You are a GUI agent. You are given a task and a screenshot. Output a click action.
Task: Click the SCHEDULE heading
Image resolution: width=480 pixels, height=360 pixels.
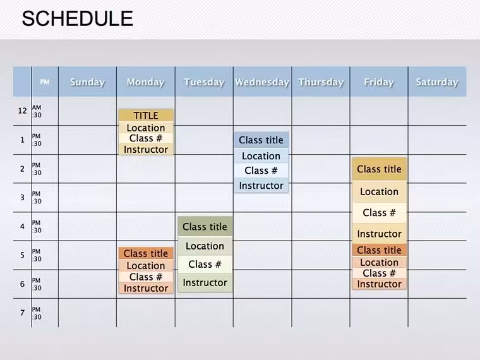point(78,19)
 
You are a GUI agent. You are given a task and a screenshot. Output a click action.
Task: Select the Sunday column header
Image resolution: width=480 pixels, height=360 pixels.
point(88,82)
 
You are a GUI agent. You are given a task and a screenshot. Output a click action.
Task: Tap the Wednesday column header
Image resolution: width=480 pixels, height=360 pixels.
point(262,82)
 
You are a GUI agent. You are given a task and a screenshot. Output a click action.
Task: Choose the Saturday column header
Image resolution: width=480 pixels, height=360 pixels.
point(437,82)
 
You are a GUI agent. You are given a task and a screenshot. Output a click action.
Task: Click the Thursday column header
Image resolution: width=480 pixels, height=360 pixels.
point(321,82)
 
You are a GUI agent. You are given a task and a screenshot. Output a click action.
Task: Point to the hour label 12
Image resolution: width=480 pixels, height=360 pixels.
point(22,111)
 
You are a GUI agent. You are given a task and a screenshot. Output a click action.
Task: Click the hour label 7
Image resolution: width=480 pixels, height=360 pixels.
point(22,313)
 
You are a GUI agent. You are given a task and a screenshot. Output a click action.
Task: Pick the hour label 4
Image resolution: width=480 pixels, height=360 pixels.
point(22,227)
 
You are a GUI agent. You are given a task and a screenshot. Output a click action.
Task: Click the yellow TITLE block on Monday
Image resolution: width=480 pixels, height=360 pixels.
point(146,116)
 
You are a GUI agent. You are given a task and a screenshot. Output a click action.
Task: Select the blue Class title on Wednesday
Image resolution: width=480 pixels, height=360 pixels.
point(261,140)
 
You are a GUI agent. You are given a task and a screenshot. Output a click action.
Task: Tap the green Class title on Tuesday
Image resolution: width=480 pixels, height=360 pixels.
point(205,227)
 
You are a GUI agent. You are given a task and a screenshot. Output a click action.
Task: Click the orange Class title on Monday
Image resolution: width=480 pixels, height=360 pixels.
point(146,253)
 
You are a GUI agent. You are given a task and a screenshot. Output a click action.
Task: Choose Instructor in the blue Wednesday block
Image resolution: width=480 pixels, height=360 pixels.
point(261,186)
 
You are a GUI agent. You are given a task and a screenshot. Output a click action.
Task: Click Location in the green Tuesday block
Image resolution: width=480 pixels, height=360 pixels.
point(205,246)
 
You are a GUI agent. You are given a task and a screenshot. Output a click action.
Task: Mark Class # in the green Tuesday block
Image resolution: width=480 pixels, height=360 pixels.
point(205,264)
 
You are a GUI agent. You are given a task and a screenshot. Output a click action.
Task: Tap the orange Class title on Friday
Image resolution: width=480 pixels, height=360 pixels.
point(379,250)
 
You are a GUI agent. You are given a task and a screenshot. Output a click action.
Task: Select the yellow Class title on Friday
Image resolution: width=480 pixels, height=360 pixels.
point(379,169)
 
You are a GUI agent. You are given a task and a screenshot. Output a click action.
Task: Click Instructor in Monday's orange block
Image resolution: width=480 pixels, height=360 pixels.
point(146,288)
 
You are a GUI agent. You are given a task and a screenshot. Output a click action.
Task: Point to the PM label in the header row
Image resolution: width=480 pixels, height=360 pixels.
point(45,82)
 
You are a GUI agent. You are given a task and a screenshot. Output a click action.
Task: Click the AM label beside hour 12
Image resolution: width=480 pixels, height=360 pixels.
point(37,107)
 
